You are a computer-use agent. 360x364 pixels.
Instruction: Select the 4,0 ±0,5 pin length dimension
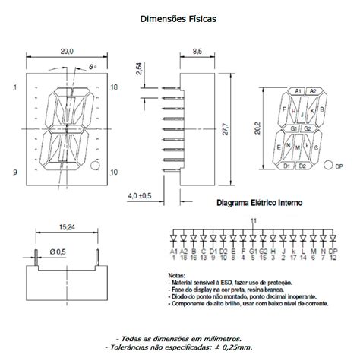pyautogui.click(x=139, y=195)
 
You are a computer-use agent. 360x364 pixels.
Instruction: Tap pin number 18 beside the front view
pyautogui.click(x=114, y=89)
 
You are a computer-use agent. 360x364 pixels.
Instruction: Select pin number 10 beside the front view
pyautogui.click(x=114, y=173)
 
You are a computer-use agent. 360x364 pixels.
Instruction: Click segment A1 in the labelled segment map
pyautogui.click(x=298, y=91)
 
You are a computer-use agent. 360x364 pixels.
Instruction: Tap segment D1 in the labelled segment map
pyautogui.click(x=287, y=165)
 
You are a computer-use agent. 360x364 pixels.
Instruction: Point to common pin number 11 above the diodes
pyautogui.click(x=253, y=220)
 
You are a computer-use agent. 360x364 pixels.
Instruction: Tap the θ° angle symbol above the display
pyautogui.click(x=92, y=67)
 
